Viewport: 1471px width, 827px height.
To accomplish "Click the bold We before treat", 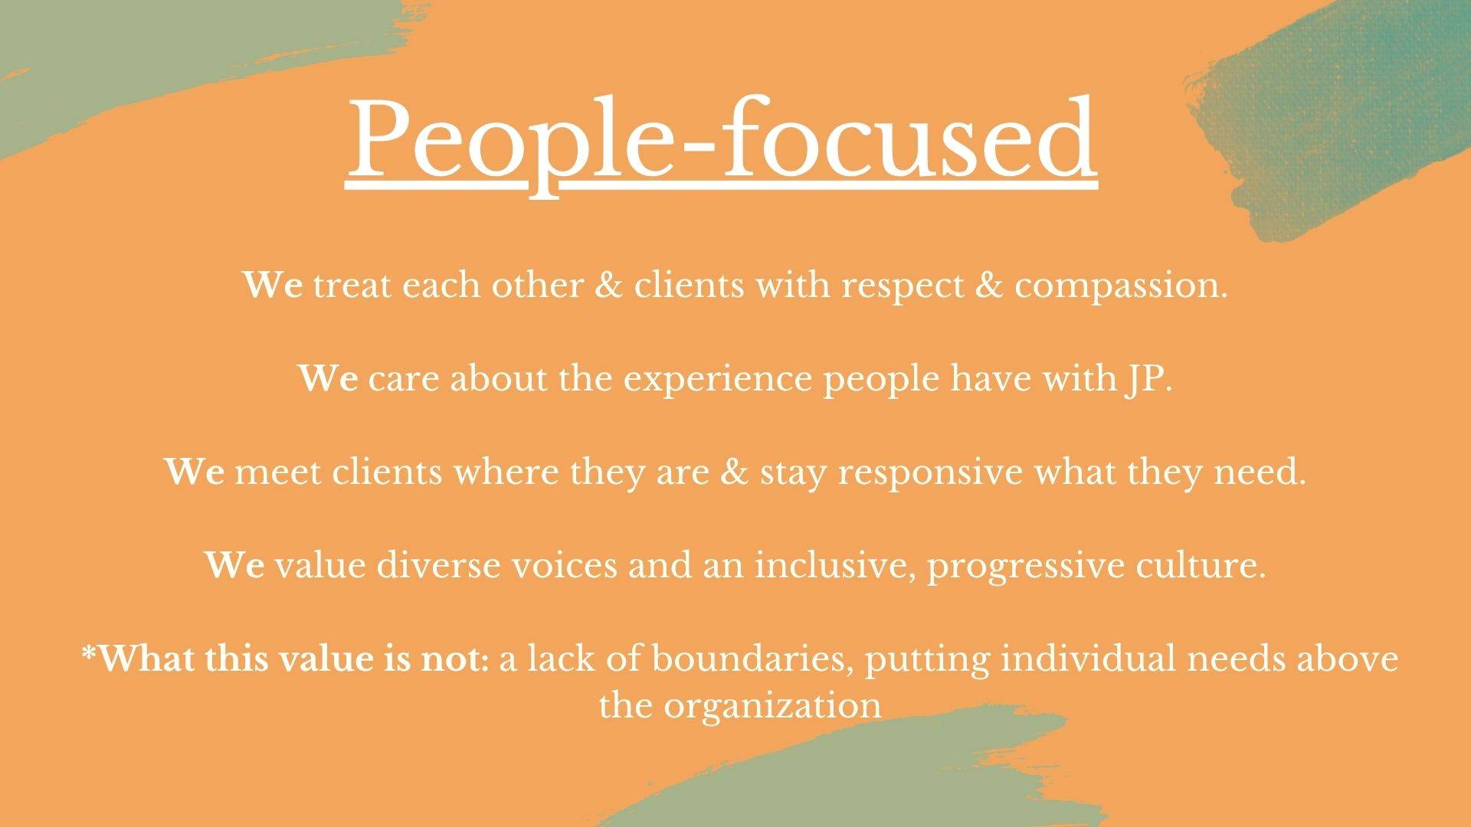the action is coord(274,286).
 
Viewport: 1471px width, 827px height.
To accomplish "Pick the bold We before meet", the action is coord(194,473).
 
